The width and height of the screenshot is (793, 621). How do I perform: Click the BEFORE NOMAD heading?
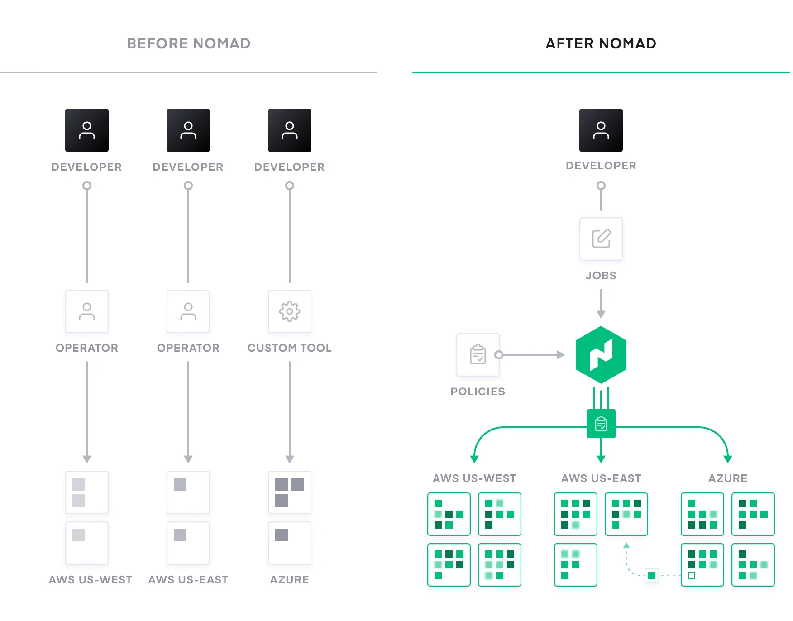pyautogui.click(x=188, y=43)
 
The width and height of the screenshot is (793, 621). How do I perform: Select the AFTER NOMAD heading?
pyautogui.click(x=601, y=43)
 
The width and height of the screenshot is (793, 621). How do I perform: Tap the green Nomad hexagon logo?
pyautogui.click(x=601, y=354)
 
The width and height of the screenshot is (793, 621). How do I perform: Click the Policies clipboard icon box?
pyautogui.click(x=478, y=354)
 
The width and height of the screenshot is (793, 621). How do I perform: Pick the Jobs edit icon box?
pyautogui.click(x=601, y=239)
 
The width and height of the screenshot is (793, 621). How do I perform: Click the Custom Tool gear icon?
pyautogui.click(x=290, y=311)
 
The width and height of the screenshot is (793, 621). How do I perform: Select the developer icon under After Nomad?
pyautogui.click(x=601, y=130)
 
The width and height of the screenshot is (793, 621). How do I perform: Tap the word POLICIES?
pyautogui.click(x=478, y=392)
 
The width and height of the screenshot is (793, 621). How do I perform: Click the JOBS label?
pyautogui.click(x=601, y=276)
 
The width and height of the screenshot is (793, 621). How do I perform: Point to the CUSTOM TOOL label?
pyautogui.click(x=290, y=348)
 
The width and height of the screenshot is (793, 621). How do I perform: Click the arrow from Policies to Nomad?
pyautogui.click(x=532, y=355)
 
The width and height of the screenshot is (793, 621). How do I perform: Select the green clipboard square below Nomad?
pyautogui.click(x=601, y=424)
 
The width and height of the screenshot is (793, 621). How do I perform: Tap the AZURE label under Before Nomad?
pyautogui.click(x=290, y=580)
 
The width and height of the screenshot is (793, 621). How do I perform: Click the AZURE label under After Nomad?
pyautogui.click(x=727, y=478)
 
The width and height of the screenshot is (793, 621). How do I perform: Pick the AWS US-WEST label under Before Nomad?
pyautogui.click(x=91, y=580)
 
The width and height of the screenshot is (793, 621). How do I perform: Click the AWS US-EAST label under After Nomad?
pyautogui.click(x=601, y=478)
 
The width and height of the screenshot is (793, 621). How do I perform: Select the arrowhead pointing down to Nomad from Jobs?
pyautogui.click(x=601, y=315)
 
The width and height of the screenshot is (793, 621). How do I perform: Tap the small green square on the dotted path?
pyautogui.click(x=651, y=576)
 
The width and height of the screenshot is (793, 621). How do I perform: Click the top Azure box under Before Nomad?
pyautogui.click(x=290, y=492)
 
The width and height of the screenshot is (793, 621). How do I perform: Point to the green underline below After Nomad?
pyautogui.click(x=601, y=72)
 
